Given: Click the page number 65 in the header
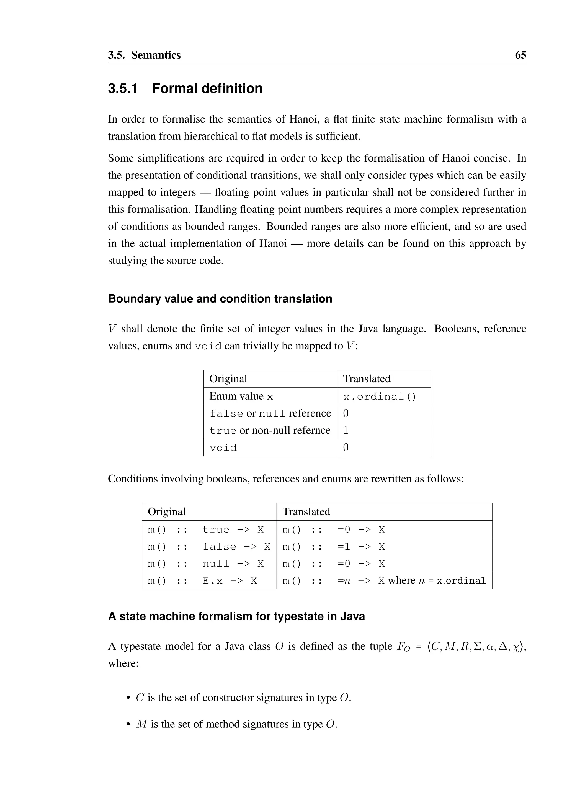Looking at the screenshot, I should coord(520,55).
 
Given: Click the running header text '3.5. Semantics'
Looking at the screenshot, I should coord(144,55).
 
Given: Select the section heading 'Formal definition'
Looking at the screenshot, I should coord(207,88).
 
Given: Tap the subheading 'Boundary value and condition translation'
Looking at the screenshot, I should coord(220,299).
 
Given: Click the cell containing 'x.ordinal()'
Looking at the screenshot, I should coord(380,397).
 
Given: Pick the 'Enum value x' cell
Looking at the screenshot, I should coord(241,396).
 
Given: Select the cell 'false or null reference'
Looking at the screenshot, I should coord(270,413).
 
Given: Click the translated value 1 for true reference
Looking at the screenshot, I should coord(346,430).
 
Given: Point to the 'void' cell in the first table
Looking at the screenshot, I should coord(223,448).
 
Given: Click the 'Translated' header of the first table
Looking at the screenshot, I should coord(367,379).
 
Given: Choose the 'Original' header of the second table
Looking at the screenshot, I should coord(167,512).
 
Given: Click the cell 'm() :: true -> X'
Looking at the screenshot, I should coord(206,530).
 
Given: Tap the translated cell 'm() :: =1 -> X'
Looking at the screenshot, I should coord(333,547).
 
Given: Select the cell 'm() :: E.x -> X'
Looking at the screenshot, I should coord(202,581).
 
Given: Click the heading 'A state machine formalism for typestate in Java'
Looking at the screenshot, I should coord(236,617).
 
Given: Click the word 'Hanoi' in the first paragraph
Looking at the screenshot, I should coord(302,119).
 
